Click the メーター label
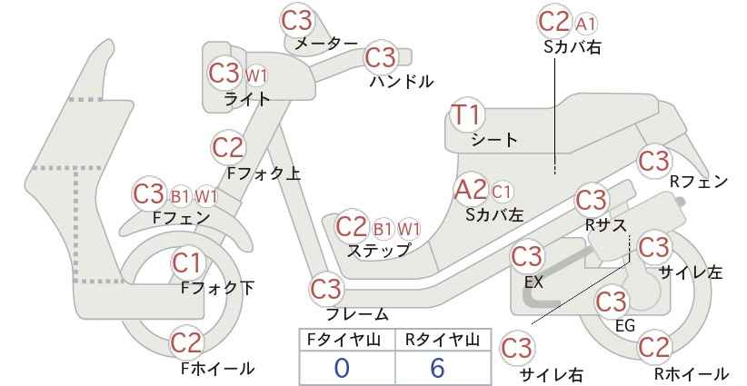coord(326,44)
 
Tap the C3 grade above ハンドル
coord(381,57)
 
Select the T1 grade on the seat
coord(467,114)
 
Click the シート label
coord(494,140)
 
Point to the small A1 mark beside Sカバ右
coord(585,25)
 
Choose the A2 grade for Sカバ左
coord(471,190)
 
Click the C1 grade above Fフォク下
coord(187,263)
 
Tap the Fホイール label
coord(218,368)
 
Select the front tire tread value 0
coord(342,368)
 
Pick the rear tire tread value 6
coord(437,368)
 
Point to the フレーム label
coord(357,313)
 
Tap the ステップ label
coord(378,251)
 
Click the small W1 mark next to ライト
coord(256,75)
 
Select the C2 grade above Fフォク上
coord(228,147)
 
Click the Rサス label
coord(605,224)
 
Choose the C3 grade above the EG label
coord(612,302)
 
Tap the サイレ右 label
coord(552,374)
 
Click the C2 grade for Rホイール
coord(654,347)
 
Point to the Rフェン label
coord(699,182)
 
